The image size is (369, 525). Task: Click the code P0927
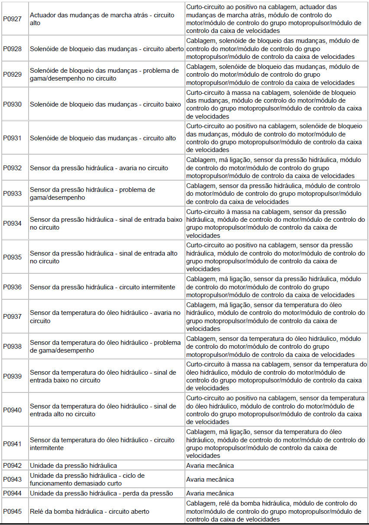coord(12,19)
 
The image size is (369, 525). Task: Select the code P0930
coord(12,104)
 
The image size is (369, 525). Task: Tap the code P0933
coord(12,194)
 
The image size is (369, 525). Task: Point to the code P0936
coord(12,287)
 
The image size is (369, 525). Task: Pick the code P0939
coord(12,376)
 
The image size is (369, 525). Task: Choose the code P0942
coord(12,466)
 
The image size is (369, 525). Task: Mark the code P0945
coord(12,512)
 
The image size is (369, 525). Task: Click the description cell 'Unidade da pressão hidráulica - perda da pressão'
coord(101,493)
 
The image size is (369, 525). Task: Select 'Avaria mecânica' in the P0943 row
coord(210,480)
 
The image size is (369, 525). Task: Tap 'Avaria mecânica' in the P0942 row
coord(210,466)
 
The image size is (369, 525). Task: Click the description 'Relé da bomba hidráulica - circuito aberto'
coord(90,512)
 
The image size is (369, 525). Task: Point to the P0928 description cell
coord(107,49)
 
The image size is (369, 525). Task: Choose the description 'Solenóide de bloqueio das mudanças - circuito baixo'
coord(105,104)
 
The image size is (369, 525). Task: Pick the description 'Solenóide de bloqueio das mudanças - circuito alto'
coord(103,138)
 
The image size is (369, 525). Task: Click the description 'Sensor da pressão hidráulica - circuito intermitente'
coord(103,287)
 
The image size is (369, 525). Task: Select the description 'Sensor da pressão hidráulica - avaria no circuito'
coord(99,168)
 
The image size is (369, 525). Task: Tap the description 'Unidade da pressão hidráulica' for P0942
coord(73,466)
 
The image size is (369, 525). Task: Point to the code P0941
coord(12,444)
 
